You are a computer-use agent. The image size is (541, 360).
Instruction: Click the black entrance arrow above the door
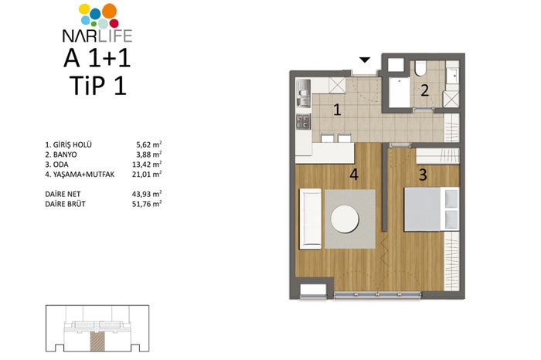point(365,60)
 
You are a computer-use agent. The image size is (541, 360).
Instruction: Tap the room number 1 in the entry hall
point(337,110)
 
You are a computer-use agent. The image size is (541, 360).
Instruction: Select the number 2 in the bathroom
point(425,90)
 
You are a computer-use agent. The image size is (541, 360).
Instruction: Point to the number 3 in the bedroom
point(423,175)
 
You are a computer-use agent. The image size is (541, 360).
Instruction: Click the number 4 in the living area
point(354,175)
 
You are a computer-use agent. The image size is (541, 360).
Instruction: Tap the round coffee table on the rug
point(345,219)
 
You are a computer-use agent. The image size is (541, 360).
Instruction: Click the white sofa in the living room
point(311,219)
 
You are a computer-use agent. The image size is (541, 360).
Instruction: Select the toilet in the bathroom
point(420,68)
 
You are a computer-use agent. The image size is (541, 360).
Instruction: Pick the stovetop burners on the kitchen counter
point(303,121)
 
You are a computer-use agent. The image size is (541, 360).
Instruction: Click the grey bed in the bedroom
point(431,209)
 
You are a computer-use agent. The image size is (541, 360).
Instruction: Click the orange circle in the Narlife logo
point(109,11)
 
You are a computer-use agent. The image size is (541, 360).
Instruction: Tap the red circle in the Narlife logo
point(114,23)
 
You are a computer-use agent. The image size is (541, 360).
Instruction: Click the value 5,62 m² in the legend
point(148,144)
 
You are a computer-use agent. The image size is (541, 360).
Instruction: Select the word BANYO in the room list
point(65,155)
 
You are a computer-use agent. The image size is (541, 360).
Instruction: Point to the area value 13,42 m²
point(147,164)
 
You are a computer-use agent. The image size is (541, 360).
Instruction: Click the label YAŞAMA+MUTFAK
point(83,174)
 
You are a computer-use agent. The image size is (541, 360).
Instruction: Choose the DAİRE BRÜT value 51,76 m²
point(147,204)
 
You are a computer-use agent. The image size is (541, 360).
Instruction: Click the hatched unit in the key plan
point(97,341)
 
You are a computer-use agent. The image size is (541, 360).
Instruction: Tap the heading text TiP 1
point(97,85)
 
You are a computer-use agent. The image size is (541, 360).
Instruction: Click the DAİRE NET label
point(63,194)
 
